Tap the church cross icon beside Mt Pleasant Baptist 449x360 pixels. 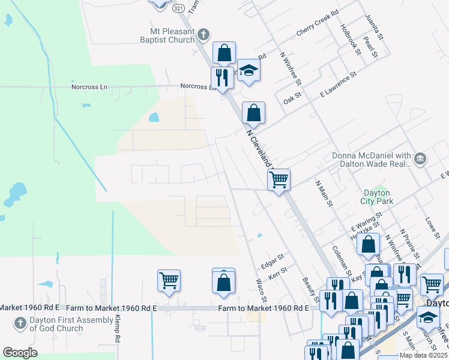203,34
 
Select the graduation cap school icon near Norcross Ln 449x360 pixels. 248,71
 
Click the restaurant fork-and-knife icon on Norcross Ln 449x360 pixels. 222,77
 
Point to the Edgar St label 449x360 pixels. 272,260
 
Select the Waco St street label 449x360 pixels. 262,290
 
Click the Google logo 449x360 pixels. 20,353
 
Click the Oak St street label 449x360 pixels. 292,97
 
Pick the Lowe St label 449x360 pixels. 430,226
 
